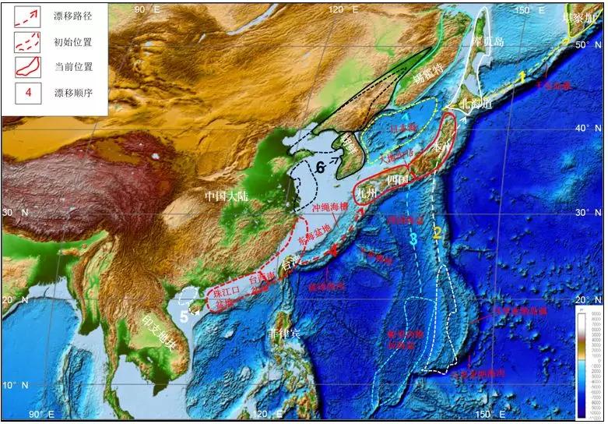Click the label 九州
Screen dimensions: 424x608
(x=366, y=189)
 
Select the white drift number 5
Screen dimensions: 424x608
(x=184, y=316)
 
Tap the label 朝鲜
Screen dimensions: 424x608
(x=353, y=142)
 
